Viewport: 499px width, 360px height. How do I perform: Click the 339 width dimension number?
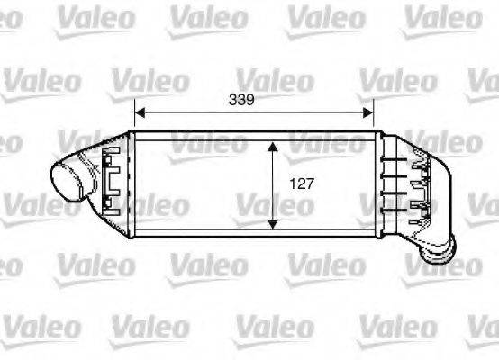pyautogui.click(x=253, y=100)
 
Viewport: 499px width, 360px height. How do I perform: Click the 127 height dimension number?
pyautogui.click(x=301, y=184)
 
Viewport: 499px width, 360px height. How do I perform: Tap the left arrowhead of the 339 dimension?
pyautogui.click(x=140, y=113)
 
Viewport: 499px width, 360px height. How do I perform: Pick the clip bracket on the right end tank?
pyautogui.click(x=419, y=189)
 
